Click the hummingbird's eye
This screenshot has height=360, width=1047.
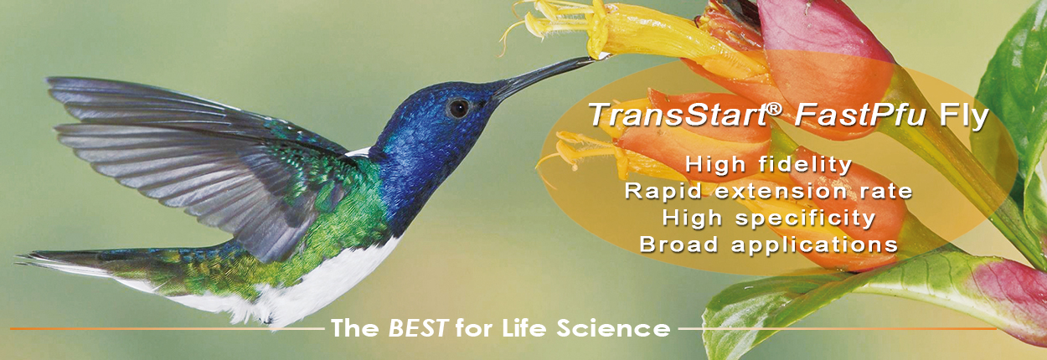pos(458,108)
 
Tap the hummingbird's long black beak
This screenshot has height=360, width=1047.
pos(543,77)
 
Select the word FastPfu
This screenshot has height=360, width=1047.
pos(860,114)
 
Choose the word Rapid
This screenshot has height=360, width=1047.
pos(663,191)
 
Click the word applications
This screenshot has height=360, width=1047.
pos(815,245)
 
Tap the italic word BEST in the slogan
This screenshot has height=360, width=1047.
pos(418,328)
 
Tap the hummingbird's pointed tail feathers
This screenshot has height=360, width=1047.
pos(70,261)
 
